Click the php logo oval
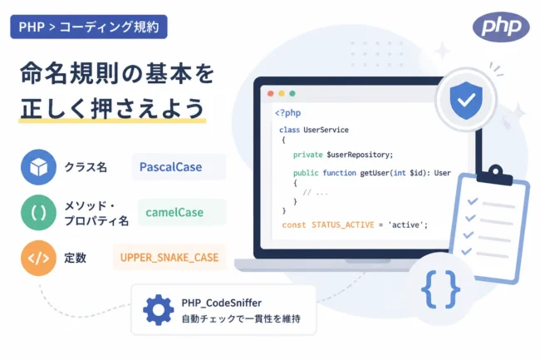click(501, 27)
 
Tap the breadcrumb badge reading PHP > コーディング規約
click(89, 27)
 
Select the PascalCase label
click(171, 167)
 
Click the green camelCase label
click(174, 212)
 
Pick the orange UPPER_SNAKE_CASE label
click(169, 258)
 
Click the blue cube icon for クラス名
click(38, 167)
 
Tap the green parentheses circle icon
click(38, 212)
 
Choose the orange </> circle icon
click(38, 258)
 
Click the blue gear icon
click(158, 310)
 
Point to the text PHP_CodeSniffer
click(222, 303)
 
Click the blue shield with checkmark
click(466, 101)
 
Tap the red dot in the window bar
click(271, 93)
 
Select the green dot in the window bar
click(292, 93)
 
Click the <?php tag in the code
click(288, 113)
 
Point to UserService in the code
click(326, 130)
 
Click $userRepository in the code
click(360, 155)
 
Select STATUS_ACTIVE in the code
click(342, 225)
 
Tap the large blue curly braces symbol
click(440, 289)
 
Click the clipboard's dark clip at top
click(495, 175)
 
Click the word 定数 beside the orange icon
click(75, 258)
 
